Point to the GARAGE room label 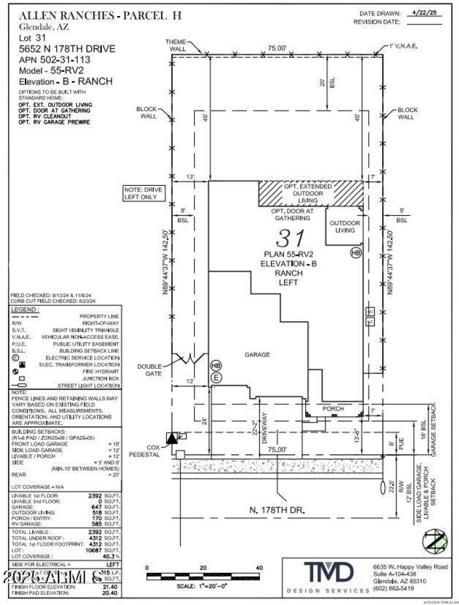257,355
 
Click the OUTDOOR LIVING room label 344,227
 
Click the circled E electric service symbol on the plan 216,377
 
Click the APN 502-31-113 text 55,59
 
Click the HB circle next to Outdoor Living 356,252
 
